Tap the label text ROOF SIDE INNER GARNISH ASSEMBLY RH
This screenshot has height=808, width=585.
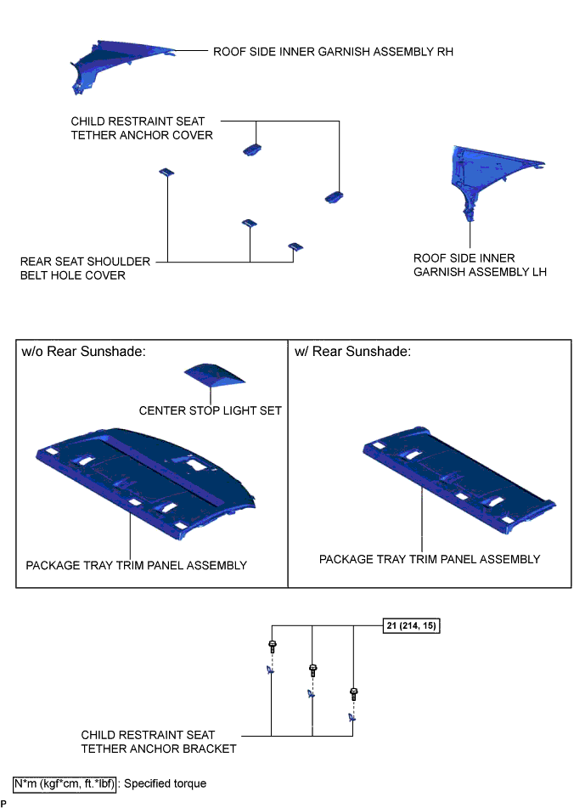pos(333,52)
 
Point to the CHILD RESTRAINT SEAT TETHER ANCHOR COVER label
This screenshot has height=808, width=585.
pos(142,128)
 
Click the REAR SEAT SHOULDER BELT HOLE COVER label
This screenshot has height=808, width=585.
pos(85,268)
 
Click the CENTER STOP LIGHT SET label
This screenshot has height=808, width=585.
pos(210,410)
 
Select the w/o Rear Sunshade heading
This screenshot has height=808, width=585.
pos(84,352)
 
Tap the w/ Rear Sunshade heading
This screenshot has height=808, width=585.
pos(352,352)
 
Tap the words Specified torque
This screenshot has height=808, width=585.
pos(166,783)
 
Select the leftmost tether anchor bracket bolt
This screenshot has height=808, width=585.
pos(272,647)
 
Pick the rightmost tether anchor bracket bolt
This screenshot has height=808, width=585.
pos(354,694)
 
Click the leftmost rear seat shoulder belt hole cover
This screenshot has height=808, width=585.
pos(166,172)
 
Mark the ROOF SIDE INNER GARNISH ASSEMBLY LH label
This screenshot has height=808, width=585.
pos(480,265)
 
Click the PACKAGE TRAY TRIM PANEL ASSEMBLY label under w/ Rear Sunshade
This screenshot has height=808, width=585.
pos(430,559)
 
